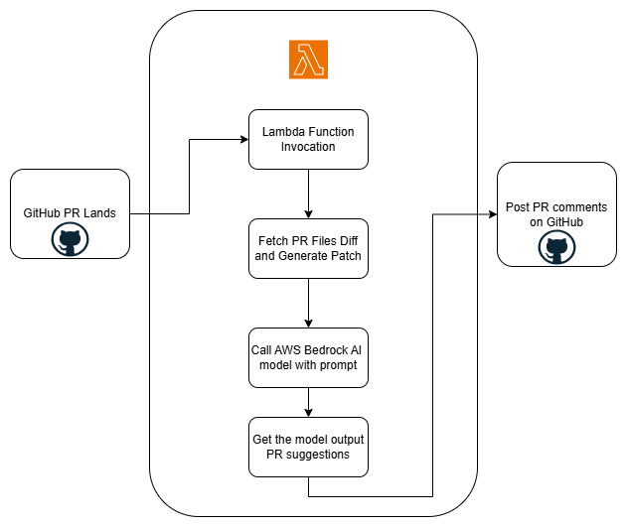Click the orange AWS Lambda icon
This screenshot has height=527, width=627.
point(308,61)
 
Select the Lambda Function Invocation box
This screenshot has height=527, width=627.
point(308,139)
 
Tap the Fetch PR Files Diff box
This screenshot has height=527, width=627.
point(308,249)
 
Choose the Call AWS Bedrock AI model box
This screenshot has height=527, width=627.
point(308,356)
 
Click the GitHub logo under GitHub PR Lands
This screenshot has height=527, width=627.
point(71,238)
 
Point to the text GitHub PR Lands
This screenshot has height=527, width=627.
point(70,213)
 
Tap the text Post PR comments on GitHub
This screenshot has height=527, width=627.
point(556,215)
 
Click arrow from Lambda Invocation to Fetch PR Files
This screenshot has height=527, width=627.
point(308,194)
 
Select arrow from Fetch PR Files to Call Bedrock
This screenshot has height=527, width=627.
point(308,303)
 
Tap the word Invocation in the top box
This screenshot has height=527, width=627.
point(308,147)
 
